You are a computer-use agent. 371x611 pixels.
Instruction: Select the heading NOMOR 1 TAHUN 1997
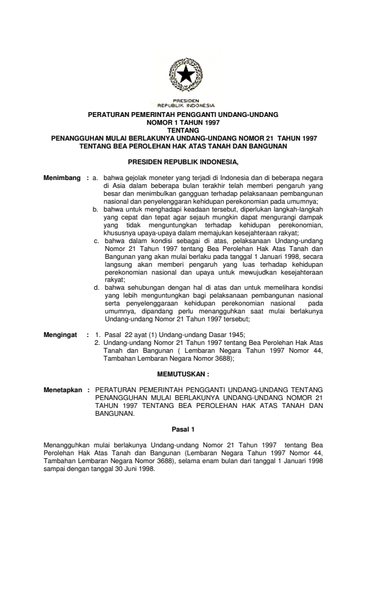pyautogui.click(x=185, y=122)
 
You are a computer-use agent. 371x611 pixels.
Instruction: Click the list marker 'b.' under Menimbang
pyautogui.click(x=96, y=209)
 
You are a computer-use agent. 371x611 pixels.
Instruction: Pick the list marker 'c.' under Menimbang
pyautogui.click(x=96, y=241)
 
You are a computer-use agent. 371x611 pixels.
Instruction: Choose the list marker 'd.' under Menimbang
pyautogui.click(x=96, y=287)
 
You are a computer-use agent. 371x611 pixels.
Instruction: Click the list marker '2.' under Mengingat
pyautogui.click(x=98, y=342)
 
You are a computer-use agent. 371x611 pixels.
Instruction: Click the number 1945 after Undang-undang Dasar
pyautogui.click(x=219, y=335)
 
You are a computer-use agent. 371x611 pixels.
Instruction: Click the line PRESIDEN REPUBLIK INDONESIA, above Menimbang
pyautogui.click(x=184, y=162)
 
